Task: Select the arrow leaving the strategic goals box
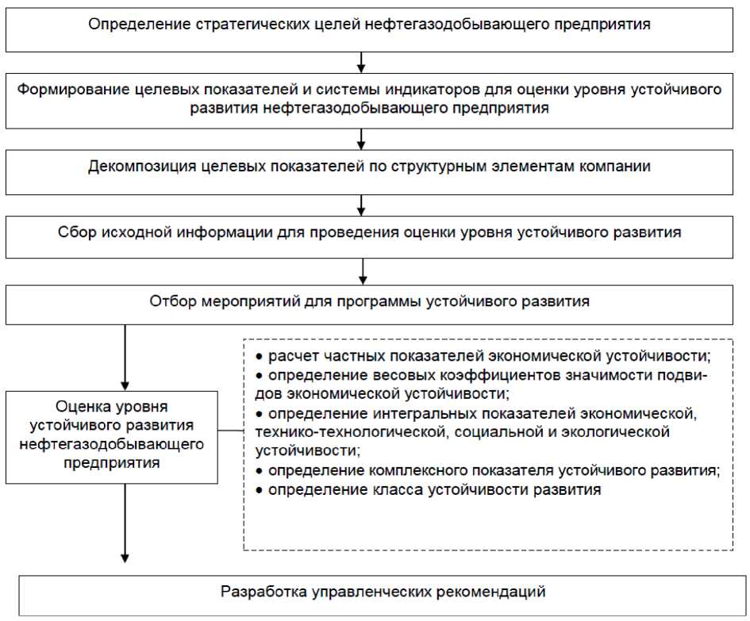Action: (363, 62)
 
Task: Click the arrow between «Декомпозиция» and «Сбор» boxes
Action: (363, 205)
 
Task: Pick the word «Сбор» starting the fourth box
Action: (75, 232)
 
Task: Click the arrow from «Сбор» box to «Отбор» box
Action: (363, 271)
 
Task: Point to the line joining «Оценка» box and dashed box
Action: (230, 432)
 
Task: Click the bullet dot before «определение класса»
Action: (259, 490)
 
